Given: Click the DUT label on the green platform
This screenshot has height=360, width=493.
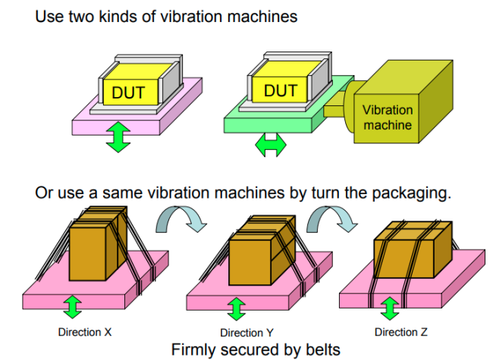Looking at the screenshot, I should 280,90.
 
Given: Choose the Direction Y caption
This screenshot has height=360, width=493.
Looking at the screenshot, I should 246,333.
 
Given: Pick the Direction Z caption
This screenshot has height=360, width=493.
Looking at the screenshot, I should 407,332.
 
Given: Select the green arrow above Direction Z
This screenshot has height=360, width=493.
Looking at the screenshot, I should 390,308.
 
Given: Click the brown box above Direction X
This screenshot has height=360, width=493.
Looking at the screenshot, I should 96,246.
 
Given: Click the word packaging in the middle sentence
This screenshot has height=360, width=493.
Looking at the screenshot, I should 407,193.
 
